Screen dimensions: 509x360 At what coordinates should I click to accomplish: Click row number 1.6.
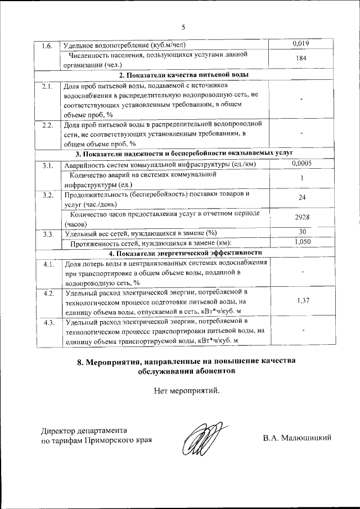47,45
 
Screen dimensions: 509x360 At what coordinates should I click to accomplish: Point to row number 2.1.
47,86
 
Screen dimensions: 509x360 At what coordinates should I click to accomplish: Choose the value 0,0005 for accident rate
302,163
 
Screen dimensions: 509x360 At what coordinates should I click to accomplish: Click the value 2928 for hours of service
302,217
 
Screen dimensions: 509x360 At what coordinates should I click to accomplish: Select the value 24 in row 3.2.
302,198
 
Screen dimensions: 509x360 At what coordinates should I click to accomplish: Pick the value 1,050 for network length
302,242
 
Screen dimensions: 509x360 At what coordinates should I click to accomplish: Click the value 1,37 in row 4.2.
302,301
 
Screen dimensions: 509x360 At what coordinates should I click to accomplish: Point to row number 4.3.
47,323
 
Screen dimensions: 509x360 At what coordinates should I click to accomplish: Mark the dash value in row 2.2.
302,133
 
